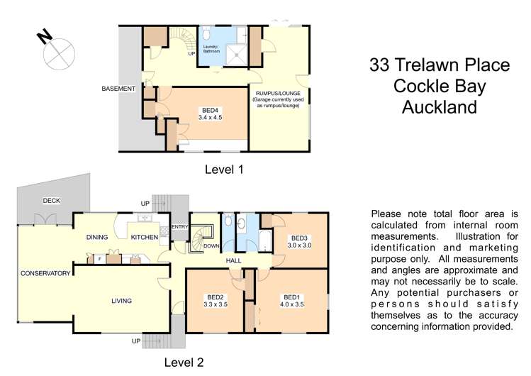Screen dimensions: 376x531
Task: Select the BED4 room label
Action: click(209, 110)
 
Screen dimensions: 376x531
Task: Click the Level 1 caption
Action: click(224, 170)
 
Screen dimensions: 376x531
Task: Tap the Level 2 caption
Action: click(184, 363)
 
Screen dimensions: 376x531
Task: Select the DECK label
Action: click(51, 201)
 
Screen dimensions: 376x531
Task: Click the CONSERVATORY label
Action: click(45, 273)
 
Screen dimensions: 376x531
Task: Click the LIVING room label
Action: click(121, 301)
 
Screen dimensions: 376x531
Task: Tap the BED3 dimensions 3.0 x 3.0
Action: click(299, 245)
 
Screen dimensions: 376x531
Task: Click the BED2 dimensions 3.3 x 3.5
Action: click(216, 305)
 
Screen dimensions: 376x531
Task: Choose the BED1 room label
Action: click(291, 297)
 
